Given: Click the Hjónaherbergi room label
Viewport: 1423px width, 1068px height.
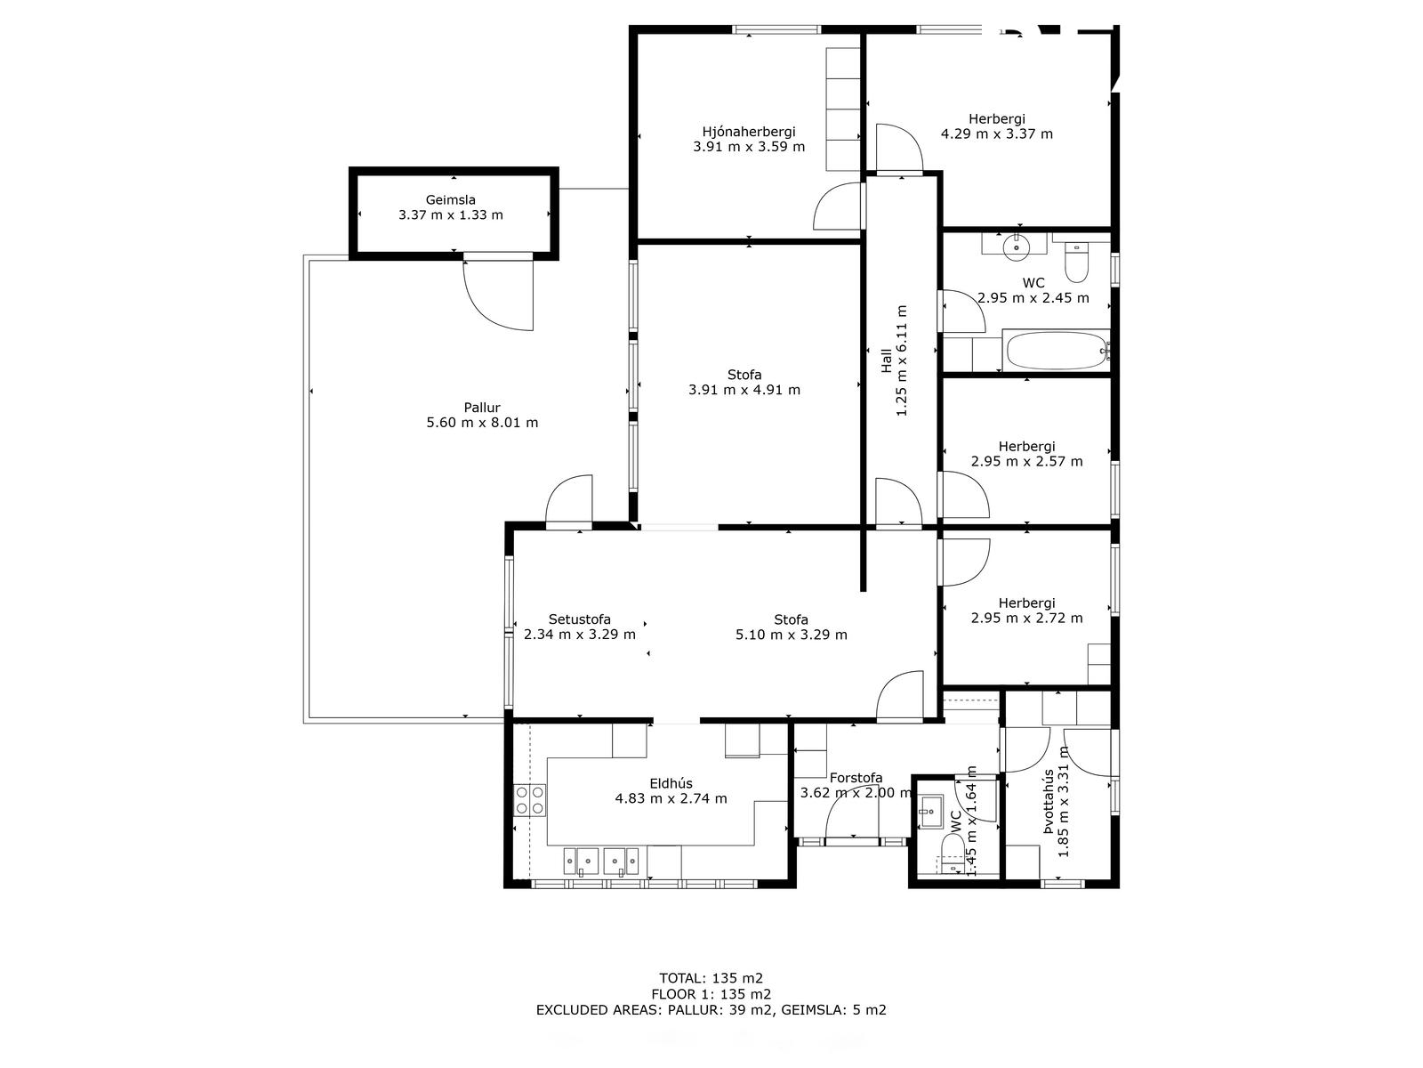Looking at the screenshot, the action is (x=748, y=132).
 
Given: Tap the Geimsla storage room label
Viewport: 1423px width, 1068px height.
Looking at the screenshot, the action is (x=451, y=199).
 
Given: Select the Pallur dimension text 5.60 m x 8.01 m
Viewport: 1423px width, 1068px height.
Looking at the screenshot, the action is (x=482, y=423).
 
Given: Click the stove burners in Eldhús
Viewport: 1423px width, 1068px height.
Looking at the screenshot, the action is (x=530, y=799).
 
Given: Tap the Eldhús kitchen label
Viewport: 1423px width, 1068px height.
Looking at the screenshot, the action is (x=671, y=784).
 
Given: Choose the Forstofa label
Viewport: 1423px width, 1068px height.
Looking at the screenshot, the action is (x=856, y=778).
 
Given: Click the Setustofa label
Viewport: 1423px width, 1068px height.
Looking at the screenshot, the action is (x=580, y=619).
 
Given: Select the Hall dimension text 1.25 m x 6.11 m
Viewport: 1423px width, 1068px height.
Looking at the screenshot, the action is (x=902, y=360).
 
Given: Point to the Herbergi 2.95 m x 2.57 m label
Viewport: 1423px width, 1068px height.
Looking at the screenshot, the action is (x=1027, y=454).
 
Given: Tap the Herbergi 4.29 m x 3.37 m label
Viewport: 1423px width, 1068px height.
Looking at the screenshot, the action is (x=997, y=126).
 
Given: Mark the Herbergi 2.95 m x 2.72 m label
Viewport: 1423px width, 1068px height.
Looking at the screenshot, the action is (x=1027, y=611).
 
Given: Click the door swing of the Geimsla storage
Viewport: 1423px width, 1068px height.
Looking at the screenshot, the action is (x=498, y=296).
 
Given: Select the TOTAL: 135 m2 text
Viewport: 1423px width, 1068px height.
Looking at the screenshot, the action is (x=711, y=978).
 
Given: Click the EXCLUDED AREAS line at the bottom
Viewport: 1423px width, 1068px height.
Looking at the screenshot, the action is (x=711, y=1009).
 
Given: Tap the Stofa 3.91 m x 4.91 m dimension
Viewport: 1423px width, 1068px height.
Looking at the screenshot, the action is (x=744, y=391).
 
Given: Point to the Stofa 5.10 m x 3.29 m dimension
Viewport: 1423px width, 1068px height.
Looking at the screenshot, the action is (x=791, y=635).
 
